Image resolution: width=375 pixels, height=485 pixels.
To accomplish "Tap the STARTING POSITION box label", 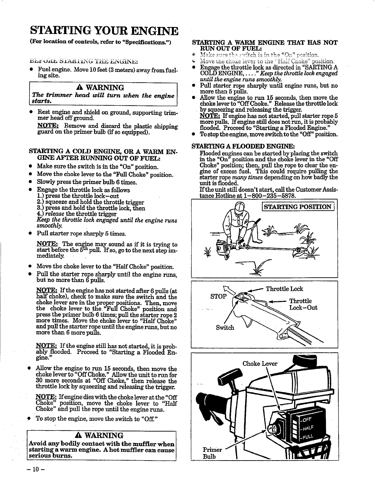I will coord(298,207).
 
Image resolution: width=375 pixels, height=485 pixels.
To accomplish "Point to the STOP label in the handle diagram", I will coord(218,296).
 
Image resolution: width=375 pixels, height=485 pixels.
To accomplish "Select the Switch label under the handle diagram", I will coord(225,328).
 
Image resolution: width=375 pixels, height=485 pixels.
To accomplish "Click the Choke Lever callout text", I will coord(260,364).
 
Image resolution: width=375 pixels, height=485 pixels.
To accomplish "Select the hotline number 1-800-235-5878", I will coord(267,195).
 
